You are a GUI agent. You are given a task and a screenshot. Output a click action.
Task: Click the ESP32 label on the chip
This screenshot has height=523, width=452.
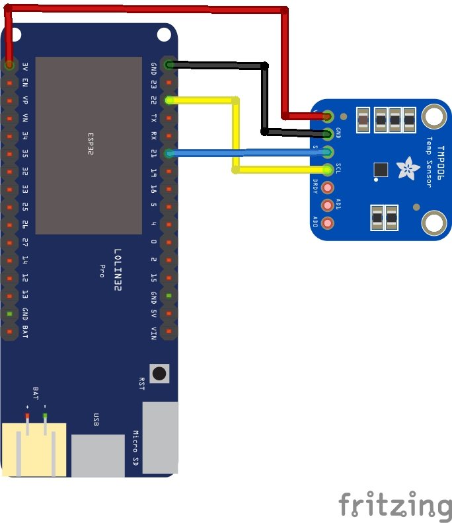(x=91, y=143)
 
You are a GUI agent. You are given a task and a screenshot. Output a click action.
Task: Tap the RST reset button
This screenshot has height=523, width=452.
(x=159, y=373)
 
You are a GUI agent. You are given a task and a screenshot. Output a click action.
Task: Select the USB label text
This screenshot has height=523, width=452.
(x=96, y=419)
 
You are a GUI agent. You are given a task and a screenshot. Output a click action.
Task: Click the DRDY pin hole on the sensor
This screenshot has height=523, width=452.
(x=327, y=188)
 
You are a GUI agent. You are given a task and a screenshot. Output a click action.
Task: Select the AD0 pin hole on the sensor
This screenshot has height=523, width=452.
(x=327, y=223)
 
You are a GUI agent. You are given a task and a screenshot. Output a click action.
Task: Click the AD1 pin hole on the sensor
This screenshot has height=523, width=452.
(x=327, y=205)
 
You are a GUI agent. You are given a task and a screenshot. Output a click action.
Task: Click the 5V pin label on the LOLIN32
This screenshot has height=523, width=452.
(x=154, y=312)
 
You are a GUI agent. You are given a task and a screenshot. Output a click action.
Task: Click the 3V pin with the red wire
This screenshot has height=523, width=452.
(x=9, y=65)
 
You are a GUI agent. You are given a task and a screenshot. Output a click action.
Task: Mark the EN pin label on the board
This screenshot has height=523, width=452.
(x=25, y=83)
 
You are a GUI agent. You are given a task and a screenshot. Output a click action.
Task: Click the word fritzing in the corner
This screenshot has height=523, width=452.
(x=395, y=506)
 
